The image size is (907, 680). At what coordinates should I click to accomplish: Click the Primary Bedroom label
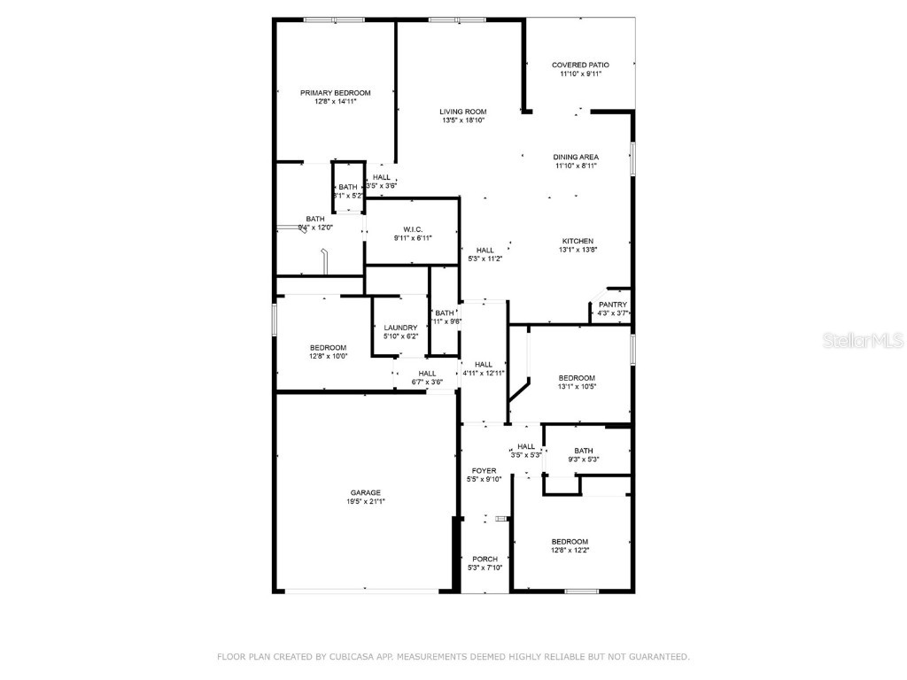tap(335, 93)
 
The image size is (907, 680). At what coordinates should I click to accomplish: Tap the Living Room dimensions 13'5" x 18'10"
tap(463, 120)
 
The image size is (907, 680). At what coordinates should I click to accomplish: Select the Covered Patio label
tap(581, 65)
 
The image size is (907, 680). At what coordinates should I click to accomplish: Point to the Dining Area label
tap(577, 157)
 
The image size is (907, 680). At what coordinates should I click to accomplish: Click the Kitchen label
tap(578, 241)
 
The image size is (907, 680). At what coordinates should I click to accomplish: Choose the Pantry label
tap(613, 305)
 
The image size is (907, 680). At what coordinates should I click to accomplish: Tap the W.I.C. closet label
tap(412, 229)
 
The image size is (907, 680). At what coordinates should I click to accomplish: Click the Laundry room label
tap(400, 328)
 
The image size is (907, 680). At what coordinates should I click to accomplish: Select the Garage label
tap(365, 492)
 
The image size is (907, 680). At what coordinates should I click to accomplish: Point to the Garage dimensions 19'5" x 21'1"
tap(365, 501)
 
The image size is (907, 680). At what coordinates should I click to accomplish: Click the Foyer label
tap(484, 471)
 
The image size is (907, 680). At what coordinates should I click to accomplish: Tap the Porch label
tap(485, 559)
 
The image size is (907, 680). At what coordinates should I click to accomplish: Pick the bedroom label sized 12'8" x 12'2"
tap(570, 542)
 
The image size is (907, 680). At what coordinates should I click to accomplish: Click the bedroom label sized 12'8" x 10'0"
tap(328, 347)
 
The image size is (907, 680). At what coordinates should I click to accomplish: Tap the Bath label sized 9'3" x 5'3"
tap(584, 451)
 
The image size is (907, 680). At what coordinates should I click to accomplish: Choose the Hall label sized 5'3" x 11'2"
tap(485, 250)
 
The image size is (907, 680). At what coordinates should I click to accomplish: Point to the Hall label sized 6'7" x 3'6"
tap(428, 374)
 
